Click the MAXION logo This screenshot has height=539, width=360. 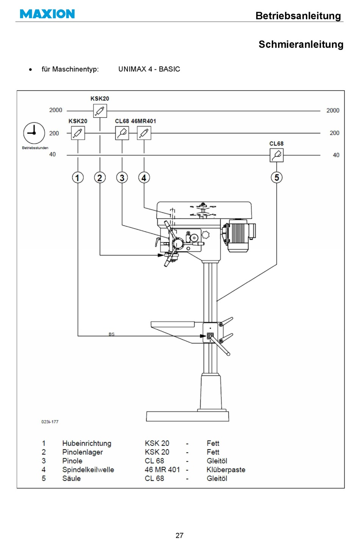47,14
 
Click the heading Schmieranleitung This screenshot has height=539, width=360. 301,44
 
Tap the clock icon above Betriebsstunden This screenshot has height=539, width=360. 34,133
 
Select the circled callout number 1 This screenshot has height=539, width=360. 78,178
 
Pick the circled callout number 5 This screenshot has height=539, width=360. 277,177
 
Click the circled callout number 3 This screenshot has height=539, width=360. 122,178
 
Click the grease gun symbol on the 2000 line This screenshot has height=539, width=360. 100,111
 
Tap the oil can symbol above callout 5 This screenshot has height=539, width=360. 277,155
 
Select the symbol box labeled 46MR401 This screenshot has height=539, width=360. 144,133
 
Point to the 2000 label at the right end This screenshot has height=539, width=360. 333,110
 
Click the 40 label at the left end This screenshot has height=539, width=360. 52,154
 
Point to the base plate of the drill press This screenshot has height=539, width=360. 188,416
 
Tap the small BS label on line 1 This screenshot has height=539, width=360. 111,334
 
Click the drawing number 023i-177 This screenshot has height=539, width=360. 50,421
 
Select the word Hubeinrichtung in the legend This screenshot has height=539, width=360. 87,443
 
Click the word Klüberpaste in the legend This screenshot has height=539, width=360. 226,470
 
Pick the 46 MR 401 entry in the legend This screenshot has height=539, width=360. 162,470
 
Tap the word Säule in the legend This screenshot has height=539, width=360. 72,478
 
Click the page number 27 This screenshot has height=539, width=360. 180,535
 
